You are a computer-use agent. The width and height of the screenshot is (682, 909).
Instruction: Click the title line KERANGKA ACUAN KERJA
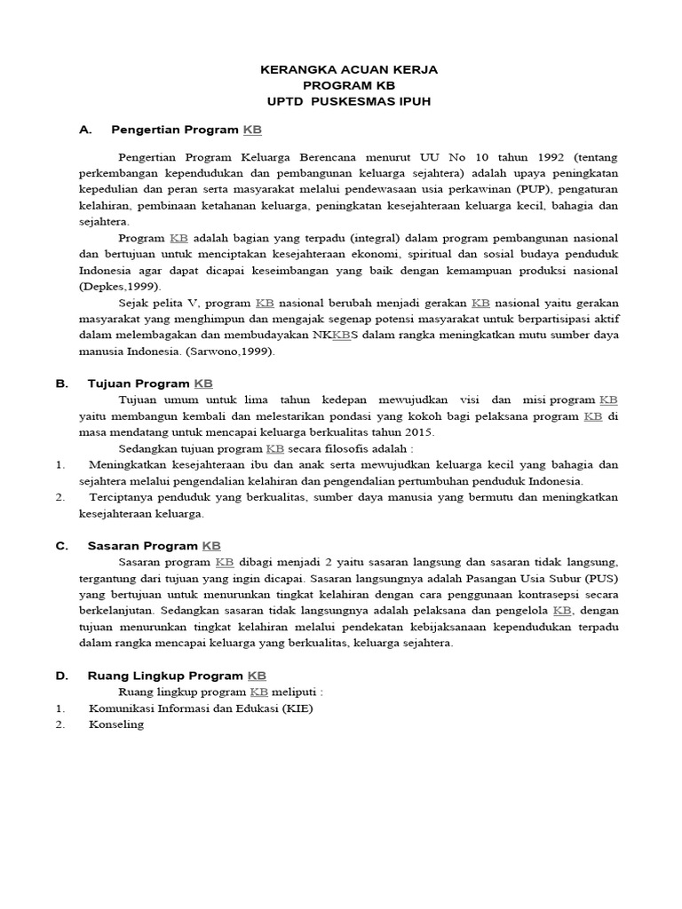coord(348,69)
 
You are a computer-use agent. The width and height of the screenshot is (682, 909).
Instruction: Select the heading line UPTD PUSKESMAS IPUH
coord(348,101)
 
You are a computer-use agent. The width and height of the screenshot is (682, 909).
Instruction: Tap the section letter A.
coord(86,130)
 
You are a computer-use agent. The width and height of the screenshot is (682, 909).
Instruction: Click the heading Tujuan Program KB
coord(151,383)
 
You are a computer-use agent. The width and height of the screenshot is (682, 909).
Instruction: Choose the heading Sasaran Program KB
coord(155,546)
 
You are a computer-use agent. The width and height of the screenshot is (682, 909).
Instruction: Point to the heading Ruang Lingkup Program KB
coord(177,676)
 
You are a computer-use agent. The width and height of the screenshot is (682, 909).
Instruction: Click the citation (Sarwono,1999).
coord(234,352)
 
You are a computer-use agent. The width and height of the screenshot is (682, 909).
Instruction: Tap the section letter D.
coord(62,676)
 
